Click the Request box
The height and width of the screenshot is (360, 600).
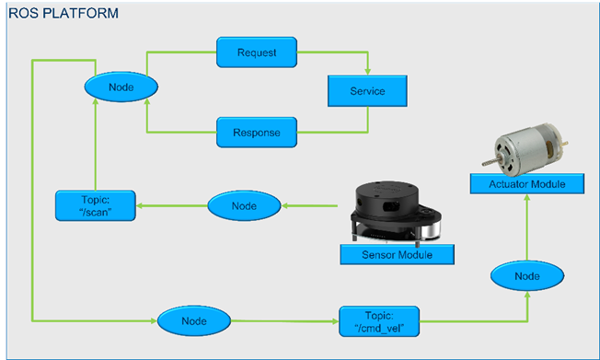pos(256,52)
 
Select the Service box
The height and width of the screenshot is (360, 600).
pos(368,91)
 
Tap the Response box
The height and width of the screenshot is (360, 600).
pos(256,132)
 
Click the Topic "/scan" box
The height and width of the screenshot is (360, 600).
pos(95,203)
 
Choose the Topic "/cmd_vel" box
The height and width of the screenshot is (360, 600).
pos(379,320)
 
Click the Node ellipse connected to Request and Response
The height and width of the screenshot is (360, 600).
pos(121,87)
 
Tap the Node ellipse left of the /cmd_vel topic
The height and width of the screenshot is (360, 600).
pos(193,320)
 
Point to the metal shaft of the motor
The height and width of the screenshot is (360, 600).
pos(482,160)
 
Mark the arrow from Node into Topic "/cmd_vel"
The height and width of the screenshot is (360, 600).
pos(285,320)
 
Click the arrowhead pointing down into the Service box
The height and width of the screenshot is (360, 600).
pos(368,72)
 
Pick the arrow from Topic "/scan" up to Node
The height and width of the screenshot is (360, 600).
pos(95,147)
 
